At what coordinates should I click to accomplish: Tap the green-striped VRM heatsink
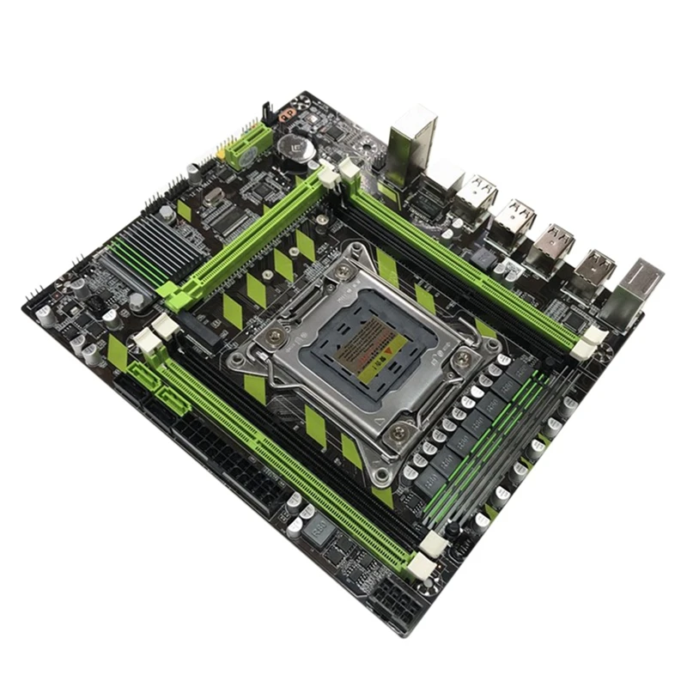(x=481, y=447)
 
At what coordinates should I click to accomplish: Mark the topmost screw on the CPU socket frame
(x=343, y=271)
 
